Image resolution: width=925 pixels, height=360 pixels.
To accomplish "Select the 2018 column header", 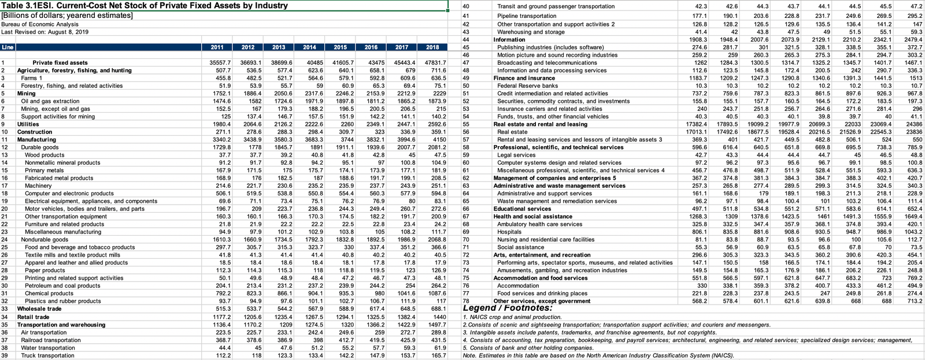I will pos(432,47).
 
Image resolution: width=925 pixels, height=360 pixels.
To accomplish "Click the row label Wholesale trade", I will pos(39,309).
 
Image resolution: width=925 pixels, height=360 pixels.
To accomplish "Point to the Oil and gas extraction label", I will pos(50,101).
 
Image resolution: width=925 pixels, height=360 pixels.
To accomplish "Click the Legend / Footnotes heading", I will pos(508,308).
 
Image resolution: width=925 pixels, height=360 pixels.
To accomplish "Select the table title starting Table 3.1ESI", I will pos(145,6).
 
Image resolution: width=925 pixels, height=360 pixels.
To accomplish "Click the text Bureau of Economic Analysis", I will pos(40,24).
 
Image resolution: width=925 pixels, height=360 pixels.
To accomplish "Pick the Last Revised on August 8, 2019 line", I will pos(45,32).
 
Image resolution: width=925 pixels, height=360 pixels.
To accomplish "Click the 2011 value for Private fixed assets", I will pos(220,62).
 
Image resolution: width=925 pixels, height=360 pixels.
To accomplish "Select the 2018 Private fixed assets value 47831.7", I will pos(435,62).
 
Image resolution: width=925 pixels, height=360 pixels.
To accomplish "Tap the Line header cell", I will pos(8,47).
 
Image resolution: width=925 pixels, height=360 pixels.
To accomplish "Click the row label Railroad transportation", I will pos(51,340).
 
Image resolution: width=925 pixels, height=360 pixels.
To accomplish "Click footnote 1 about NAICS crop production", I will pos(512,317).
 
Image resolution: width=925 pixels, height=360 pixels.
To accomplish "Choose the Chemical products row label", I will pos(49,294).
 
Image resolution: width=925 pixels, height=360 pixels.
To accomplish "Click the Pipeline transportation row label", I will pos(527,16).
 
